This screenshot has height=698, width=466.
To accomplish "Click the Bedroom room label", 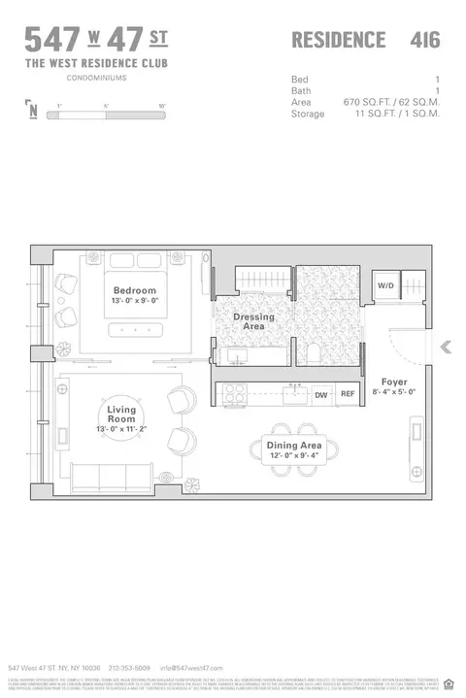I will point(134,290).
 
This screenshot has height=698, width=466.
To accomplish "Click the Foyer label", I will point(393,382).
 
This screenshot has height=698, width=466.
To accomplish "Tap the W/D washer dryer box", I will point(385,286).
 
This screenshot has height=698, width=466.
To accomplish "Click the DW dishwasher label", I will point(321,395).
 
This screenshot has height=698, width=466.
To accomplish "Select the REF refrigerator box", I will point(348,395).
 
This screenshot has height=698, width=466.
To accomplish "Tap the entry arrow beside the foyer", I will point(446,347).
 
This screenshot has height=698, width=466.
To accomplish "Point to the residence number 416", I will point(424,40).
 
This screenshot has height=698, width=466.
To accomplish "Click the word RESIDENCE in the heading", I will point(339,40).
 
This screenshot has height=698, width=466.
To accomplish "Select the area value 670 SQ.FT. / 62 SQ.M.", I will point(391,102).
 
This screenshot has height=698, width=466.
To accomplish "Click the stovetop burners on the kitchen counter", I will point(234,394).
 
